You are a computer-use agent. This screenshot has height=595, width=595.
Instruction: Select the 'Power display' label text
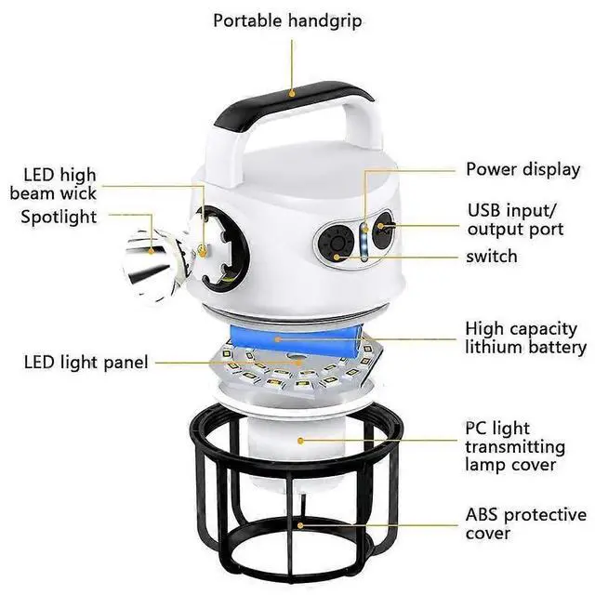522,169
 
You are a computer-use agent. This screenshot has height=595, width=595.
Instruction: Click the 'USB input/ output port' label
514,218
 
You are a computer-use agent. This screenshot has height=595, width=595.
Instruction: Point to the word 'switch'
493,256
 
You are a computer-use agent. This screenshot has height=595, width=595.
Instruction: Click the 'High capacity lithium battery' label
525,337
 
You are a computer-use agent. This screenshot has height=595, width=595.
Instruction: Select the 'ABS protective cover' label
525,523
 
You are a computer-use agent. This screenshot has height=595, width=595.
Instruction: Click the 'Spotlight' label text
59,217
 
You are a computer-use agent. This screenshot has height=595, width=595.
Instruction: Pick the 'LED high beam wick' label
53,184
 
